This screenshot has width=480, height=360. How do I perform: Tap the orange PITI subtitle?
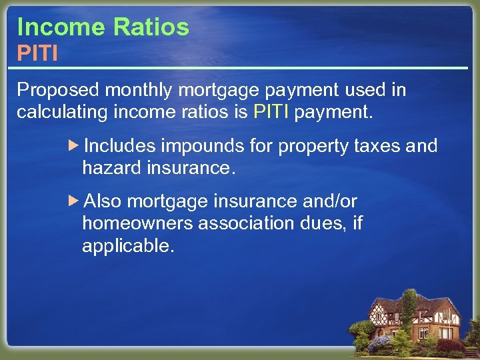tap(37, 52)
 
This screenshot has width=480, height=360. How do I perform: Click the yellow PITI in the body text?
tap(271, 112)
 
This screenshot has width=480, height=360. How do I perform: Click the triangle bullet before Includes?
tap(74, 145)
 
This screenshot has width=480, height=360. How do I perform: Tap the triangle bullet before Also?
tap(74, 201)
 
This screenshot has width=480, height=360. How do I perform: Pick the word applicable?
tap(128, 246)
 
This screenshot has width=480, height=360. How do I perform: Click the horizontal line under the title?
tap(240, 67)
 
